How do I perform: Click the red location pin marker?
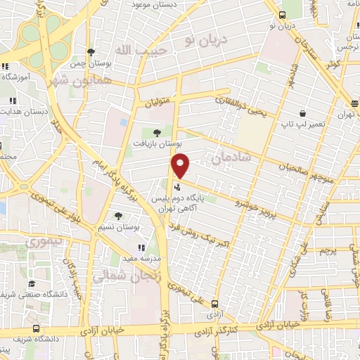[x=181, y=166]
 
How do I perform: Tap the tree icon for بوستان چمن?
[x=91, y=51]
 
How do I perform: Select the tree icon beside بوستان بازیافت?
[x=156, y=132]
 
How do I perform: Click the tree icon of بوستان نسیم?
[x=117, y=217]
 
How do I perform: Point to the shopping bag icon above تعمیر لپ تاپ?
[x=303, y=112]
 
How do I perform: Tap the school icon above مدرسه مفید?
[x=141, y=247]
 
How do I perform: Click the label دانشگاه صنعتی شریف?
[x=53, y=295]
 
